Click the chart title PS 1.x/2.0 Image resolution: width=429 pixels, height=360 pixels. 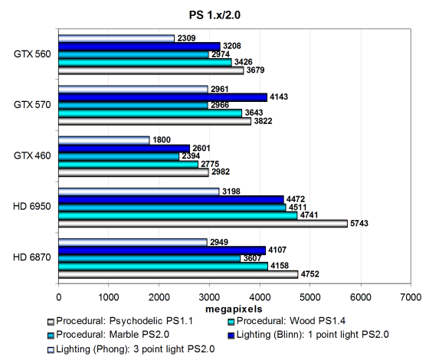coord(215,15)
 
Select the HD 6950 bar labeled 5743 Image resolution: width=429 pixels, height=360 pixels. coord(203,224)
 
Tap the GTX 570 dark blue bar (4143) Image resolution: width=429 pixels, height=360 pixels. coord(162,97)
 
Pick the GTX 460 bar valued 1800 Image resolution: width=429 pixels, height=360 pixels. coord(104,140)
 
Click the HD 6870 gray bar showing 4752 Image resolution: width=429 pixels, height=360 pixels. coord(178,274)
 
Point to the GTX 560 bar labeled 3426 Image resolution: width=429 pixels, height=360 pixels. coord(145,63)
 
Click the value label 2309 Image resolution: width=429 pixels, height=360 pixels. coord(186,38)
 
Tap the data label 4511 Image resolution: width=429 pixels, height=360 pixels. coord(297,207)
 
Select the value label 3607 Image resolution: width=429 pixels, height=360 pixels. coord(252,258)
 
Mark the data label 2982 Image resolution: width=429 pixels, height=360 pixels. coord(221,172)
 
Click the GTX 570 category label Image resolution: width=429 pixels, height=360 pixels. coord(32,105)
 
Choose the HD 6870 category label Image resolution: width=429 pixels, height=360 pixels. coord(32,257)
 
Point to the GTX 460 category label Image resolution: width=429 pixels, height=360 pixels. coord(32,155)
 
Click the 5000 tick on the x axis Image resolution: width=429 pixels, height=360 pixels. coord(309,297)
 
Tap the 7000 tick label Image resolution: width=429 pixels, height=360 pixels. coord(411,297)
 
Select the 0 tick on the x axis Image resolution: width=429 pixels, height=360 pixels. coord(58,297)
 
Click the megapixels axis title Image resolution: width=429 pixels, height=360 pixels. coord(234,309)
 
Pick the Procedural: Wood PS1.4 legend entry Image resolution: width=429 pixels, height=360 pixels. coord(287,321)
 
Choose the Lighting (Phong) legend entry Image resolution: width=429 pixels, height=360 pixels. coord(131,349)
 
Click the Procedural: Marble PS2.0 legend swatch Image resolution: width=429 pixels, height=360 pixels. coord(51,335)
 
